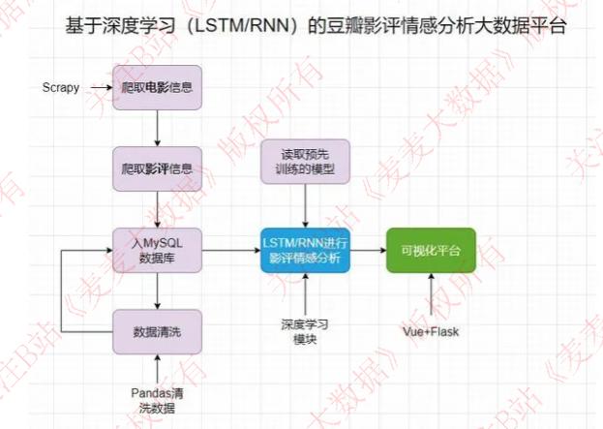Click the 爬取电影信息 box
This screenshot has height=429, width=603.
point(156,88)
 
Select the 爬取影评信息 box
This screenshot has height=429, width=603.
point(156,169)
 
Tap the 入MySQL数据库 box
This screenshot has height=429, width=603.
point(156,251)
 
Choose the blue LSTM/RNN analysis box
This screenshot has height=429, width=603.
point(306,251)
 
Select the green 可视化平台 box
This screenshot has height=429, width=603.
point(431,251)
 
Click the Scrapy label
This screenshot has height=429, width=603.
point(60,88)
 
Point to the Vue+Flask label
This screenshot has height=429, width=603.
point(431,331)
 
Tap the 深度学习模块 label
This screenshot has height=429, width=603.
point(306,331)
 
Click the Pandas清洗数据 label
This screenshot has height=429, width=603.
point(156,399)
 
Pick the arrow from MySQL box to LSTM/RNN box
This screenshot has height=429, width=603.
point(229,251)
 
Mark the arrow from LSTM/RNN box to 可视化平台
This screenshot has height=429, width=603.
point(369,251)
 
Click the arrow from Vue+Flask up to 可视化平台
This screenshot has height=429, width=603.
point(431,296)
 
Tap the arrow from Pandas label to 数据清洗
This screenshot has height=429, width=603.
point(156,369)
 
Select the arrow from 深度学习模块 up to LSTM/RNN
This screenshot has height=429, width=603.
point(306,294)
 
